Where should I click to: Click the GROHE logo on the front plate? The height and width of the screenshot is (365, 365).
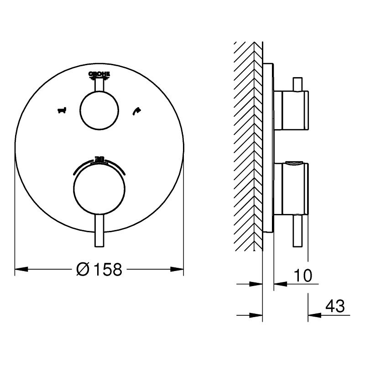(x=99, y=74)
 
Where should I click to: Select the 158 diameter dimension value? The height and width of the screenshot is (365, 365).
(x=108, y=270)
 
